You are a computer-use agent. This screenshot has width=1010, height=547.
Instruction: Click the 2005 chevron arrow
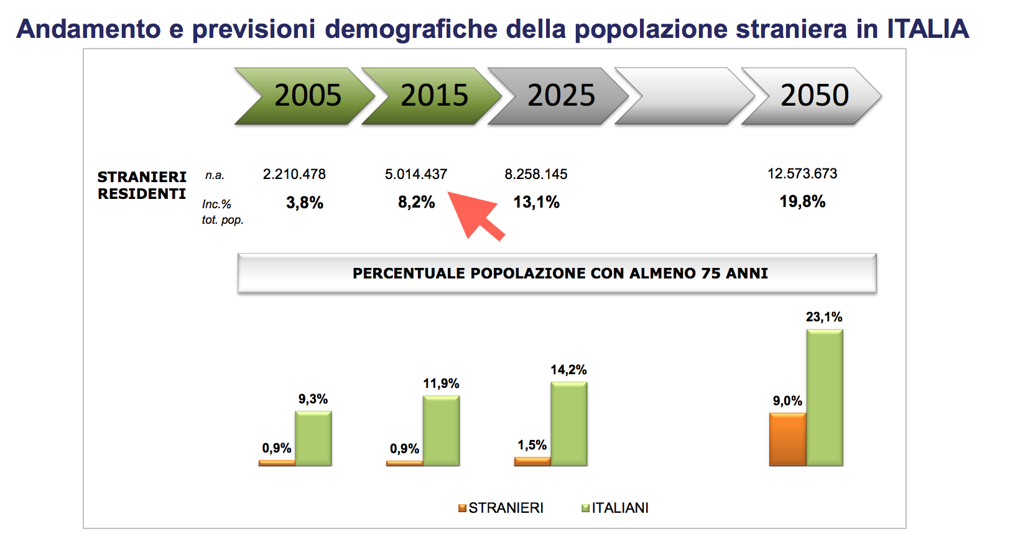(x=305, y=96)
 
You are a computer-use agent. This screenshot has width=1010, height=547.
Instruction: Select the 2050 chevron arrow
(x=812, y=96)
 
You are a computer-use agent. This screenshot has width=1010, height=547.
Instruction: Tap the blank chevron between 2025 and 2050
(x=683, y=96)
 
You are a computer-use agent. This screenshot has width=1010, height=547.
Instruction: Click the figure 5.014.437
(x=416, y=174)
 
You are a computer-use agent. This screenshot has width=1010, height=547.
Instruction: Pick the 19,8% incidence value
(x=802, y=201)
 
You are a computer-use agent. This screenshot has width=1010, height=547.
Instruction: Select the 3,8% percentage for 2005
(x=305, y=203)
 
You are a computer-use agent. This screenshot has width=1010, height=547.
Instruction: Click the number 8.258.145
(x=536, y=174)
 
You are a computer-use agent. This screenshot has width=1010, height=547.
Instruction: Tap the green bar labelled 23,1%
(x=825, y=398)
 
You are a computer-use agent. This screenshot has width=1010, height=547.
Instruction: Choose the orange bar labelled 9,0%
(x=788, y=439)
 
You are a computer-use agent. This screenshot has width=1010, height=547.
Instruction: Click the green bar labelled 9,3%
(x=313, y=438)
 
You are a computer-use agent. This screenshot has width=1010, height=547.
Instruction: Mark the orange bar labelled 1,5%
(x=532, y=461)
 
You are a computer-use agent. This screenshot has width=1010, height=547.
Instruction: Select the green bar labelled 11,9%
(x=442, y=431)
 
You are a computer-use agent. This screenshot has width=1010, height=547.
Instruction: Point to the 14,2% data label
(x=568, y=370)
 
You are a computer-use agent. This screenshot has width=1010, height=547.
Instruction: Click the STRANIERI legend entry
(x=501, y=508)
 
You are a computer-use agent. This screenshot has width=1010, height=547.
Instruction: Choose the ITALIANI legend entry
(x=615, y=508)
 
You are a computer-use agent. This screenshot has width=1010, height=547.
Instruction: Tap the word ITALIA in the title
(x=928, y=29)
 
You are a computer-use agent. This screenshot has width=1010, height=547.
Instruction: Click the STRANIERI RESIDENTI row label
(x=142, y=185)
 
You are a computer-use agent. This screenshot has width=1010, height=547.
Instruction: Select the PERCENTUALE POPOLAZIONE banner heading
(x=560, y=273)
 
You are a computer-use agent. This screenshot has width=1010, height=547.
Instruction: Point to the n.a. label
(x=215, y=175)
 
